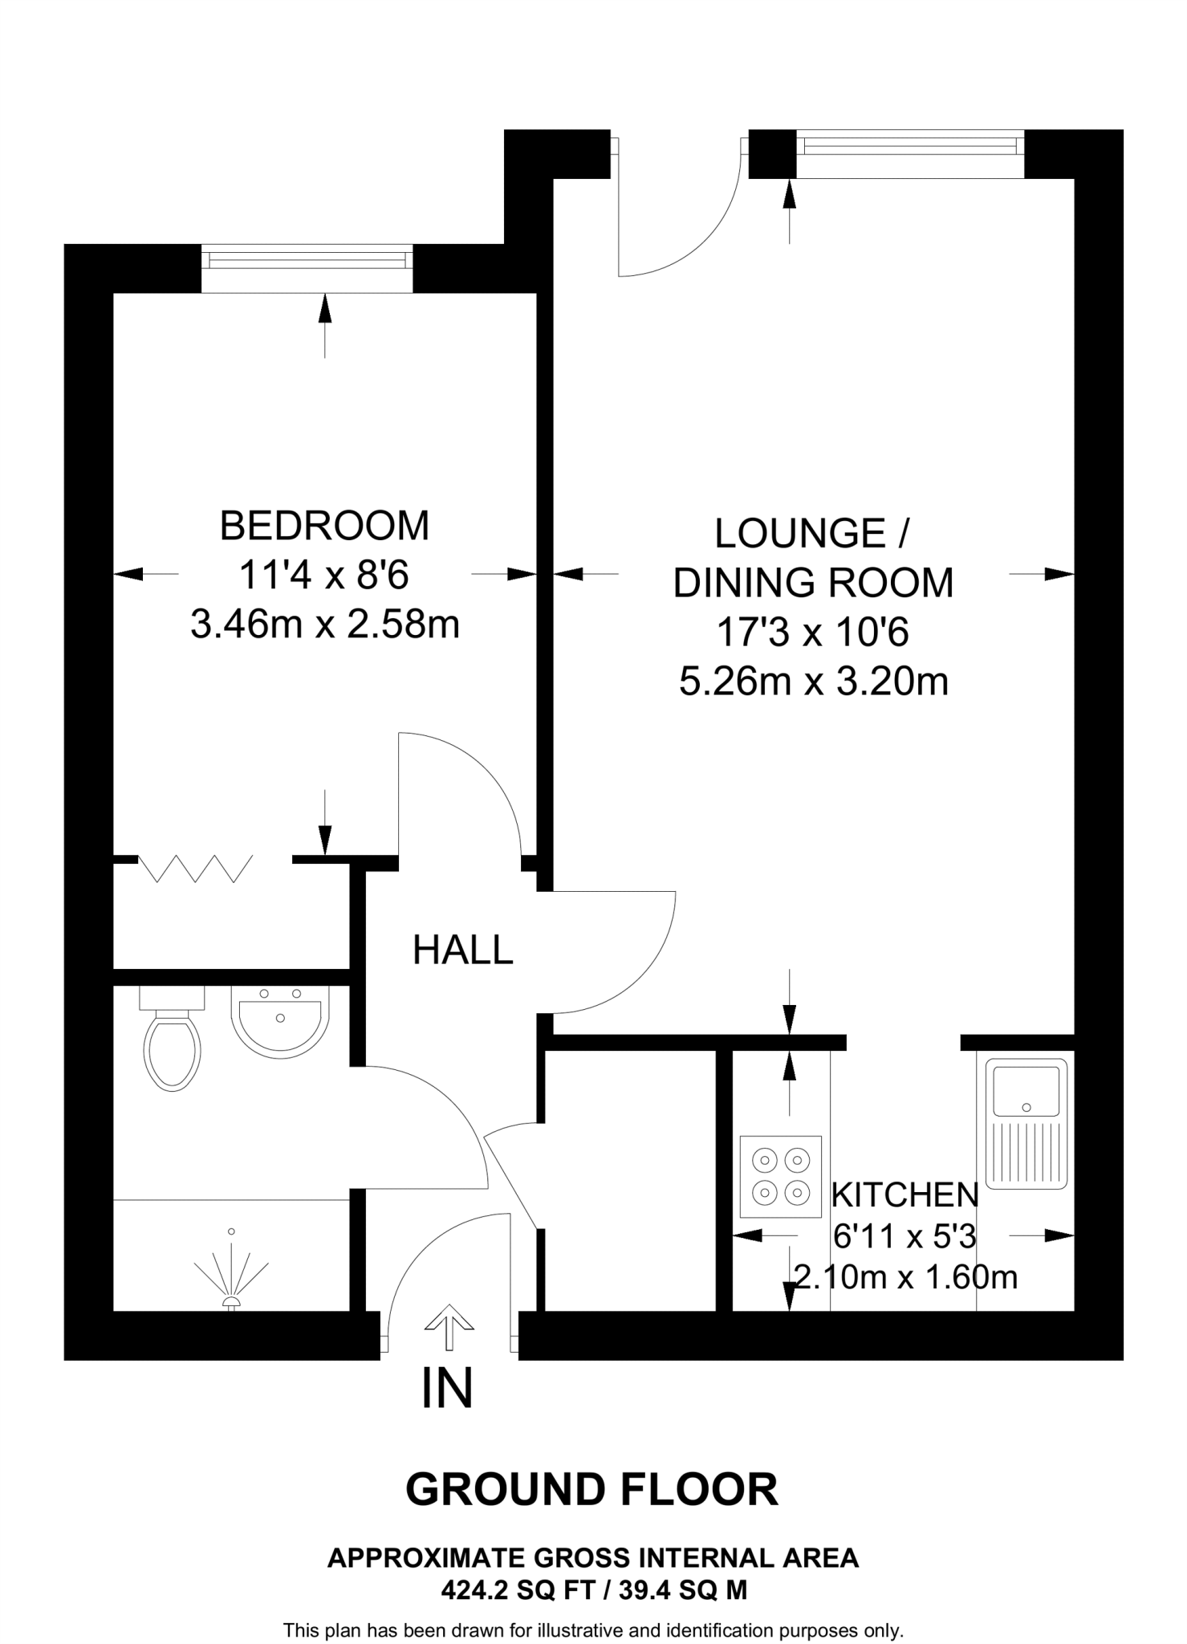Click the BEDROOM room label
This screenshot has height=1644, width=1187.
point(324,526)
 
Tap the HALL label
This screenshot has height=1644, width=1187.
point(462,950)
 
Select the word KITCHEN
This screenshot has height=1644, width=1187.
point(904,1195)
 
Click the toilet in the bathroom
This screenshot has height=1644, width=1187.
point(172,1038)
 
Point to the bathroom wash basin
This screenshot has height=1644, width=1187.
point(280,1019)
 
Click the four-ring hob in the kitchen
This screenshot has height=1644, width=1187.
point(781,1176)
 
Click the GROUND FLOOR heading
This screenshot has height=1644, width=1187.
point(592,1490)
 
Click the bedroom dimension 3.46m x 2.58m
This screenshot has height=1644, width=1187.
point(325,625)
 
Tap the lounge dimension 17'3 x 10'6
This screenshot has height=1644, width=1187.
point(812,633)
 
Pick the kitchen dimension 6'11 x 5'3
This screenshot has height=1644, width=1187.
point(904,1237)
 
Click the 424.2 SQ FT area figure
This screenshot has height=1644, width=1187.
point(513,1590)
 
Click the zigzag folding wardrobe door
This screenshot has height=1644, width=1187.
point(196,868)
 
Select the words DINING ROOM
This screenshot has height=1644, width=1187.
point(813,583)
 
